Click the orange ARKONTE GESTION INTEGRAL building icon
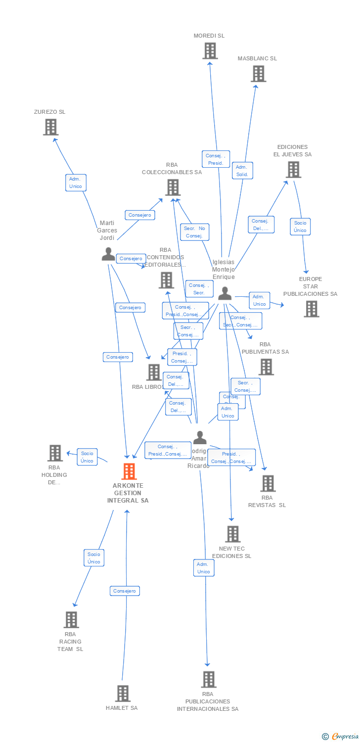click(x=129, y=471)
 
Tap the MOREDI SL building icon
click(x=210, y=51)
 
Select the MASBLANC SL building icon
click(x=258, y=74)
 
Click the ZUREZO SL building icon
click(x=50, y=127)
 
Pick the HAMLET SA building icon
click(x=123, y=694)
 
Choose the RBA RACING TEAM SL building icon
click(x=71, y=620)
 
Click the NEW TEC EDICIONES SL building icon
click(x=232, y=534)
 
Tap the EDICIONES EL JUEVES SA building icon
click(x=293, y=170)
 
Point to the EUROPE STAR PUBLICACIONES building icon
click(x=311, y=309)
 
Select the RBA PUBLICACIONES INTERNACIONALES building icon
click(x=209, y=680)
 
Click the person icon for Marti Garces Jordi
click(x=108, y=254)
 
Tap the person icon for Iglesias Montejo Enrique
click(x=225, y=293)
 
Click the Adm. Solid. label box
click(x=242, y=171)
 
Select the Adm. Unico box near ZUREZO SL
click(x=76, y=183)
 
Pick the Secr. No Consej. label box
click(x=194, y=232)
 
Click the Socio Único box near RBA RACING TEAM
click(x=94, y=558)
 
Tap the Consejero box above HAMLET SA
click(x=125, y=591)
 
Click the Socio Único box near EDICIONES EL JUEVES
click(x=300, y=227)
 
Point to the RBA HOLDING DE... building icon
click(x=54, y=453)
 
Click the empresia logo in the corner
click(x=341, y=737)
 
